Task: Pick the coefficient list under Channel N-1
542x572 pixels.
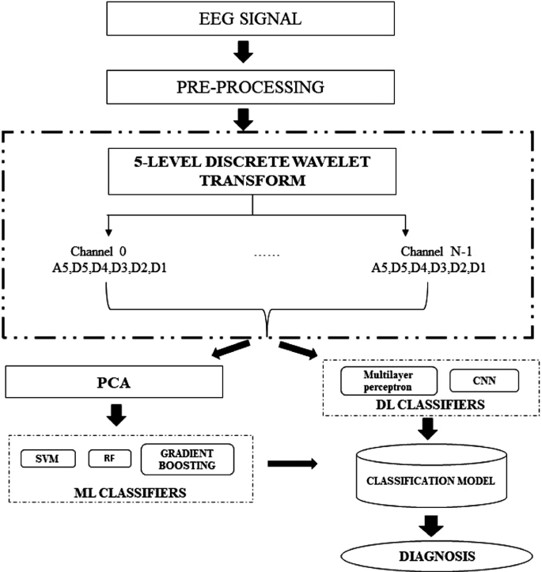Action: pyautogui.click(x=429, y=269)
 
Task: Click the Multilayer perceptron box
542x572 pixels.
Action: pyautogui.click(x=379, y=381)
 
